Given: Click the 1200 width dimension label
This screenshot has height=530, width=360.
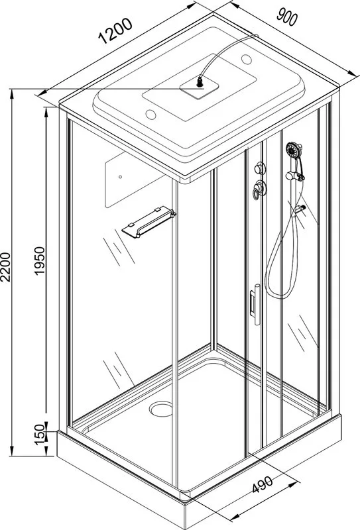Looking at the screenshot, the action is point(115,31).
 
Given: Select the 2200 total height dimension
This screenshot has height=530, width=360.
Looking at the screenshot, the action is point(6,267).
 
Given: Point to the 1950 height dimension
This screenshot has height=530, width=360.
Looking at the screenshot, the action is point(40,260).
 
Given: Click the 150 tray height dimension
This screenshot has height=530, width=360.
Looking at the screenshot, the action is point(40,435).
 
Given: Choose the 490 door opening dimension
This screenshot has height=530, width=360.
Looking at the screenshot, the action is point(263,484).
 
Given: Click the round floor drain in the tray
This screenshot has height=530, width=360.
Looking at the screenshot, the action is point(161,409).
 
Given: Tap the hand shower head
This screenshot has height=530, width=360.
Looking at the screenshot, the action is point(294,150).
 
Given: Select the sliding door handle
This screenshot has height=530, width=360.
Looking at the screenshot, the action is point(255,304).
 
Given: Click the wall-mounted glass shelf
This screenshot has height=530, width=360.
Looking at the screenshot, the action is point(149,221).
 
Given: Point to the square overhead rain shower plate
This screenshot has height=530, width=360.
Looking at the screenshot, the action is point(199,87).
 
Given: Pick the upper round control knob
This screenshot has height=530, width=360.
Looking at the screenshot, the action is point(260,168).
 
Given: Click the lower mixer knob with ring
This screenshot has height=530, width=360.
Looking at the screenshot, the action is point(259,189).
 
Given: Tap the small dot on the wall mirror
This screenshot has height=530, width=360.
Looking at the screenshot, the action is point(120,177).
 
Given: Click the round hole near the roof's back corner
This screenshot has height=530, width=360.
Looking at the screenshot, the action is point(247,60).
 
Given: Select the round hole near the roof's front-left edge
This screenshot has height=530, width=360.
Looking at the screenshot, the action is point(150,115).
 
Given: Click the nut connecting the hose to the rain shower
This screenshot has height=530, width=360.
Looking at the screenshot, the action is point(200,81).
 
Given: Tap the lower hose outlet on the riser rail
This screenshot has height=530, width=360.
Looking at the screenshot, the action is point(300,209).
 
